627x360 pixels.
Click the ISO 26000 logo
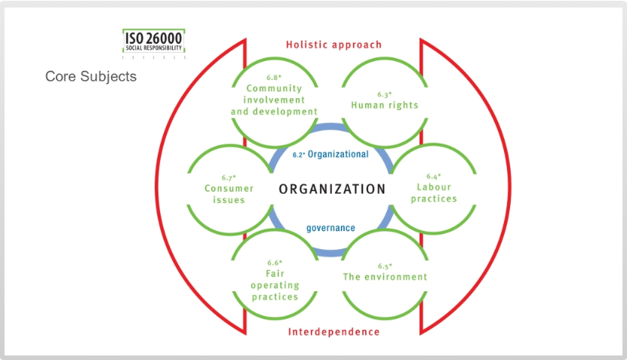click(x=153, y=42)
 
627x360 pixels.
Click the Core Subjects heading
click(x=91, y=76)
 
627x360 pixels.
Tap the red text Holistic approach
click(x=333, y=45)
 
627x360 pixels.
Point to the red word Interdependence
click(x=333, y=332)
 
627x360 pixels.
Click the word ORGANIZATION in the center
click(x=332, y=189)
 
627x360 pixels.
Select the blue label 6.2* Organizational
click(x=330, y=154)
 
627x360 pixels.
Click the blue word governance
click(x=330, y=227)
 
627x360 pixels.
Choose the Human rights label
click(x=384, y=105)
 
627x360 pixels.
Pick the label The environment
click(x=385, y=277)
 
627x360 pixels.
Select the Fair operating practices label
click(x=275, y=285)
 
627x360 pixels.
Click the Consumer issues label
click(x=229, y=194)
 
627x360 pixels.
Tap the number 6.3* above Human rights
click(x=385, y=94)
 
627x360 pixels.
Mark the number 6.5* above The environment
click(x=385, y=266)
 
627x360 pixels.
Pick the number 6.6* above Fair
click(x=275, y=263)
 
